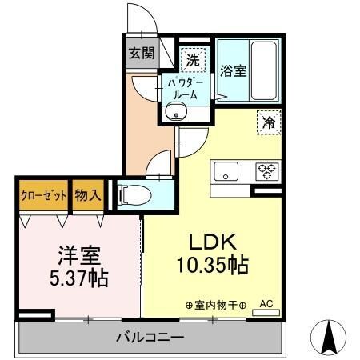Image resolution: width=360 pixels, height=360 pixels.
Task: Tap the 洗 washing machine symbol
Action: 193,58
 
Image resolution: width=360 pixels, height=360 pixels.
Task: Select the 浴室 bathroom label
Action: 234,70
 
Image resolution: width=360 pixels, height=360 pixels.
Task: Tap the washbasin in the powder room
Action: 177,113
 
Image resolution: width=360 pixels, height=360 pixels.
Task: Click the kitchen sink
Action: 224,170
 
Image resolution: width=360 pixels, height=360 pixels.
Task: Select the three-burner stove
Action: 266,170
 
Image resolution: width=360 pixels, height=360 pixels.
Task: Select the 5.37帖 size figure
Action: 78,279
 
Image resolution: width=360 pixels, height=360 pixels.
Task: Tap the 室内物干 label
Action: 216,305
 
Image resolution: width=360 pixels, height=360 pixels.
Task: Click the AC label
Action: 266,303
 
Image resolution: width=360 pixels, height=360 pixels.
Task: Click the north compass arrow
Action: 328,337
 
